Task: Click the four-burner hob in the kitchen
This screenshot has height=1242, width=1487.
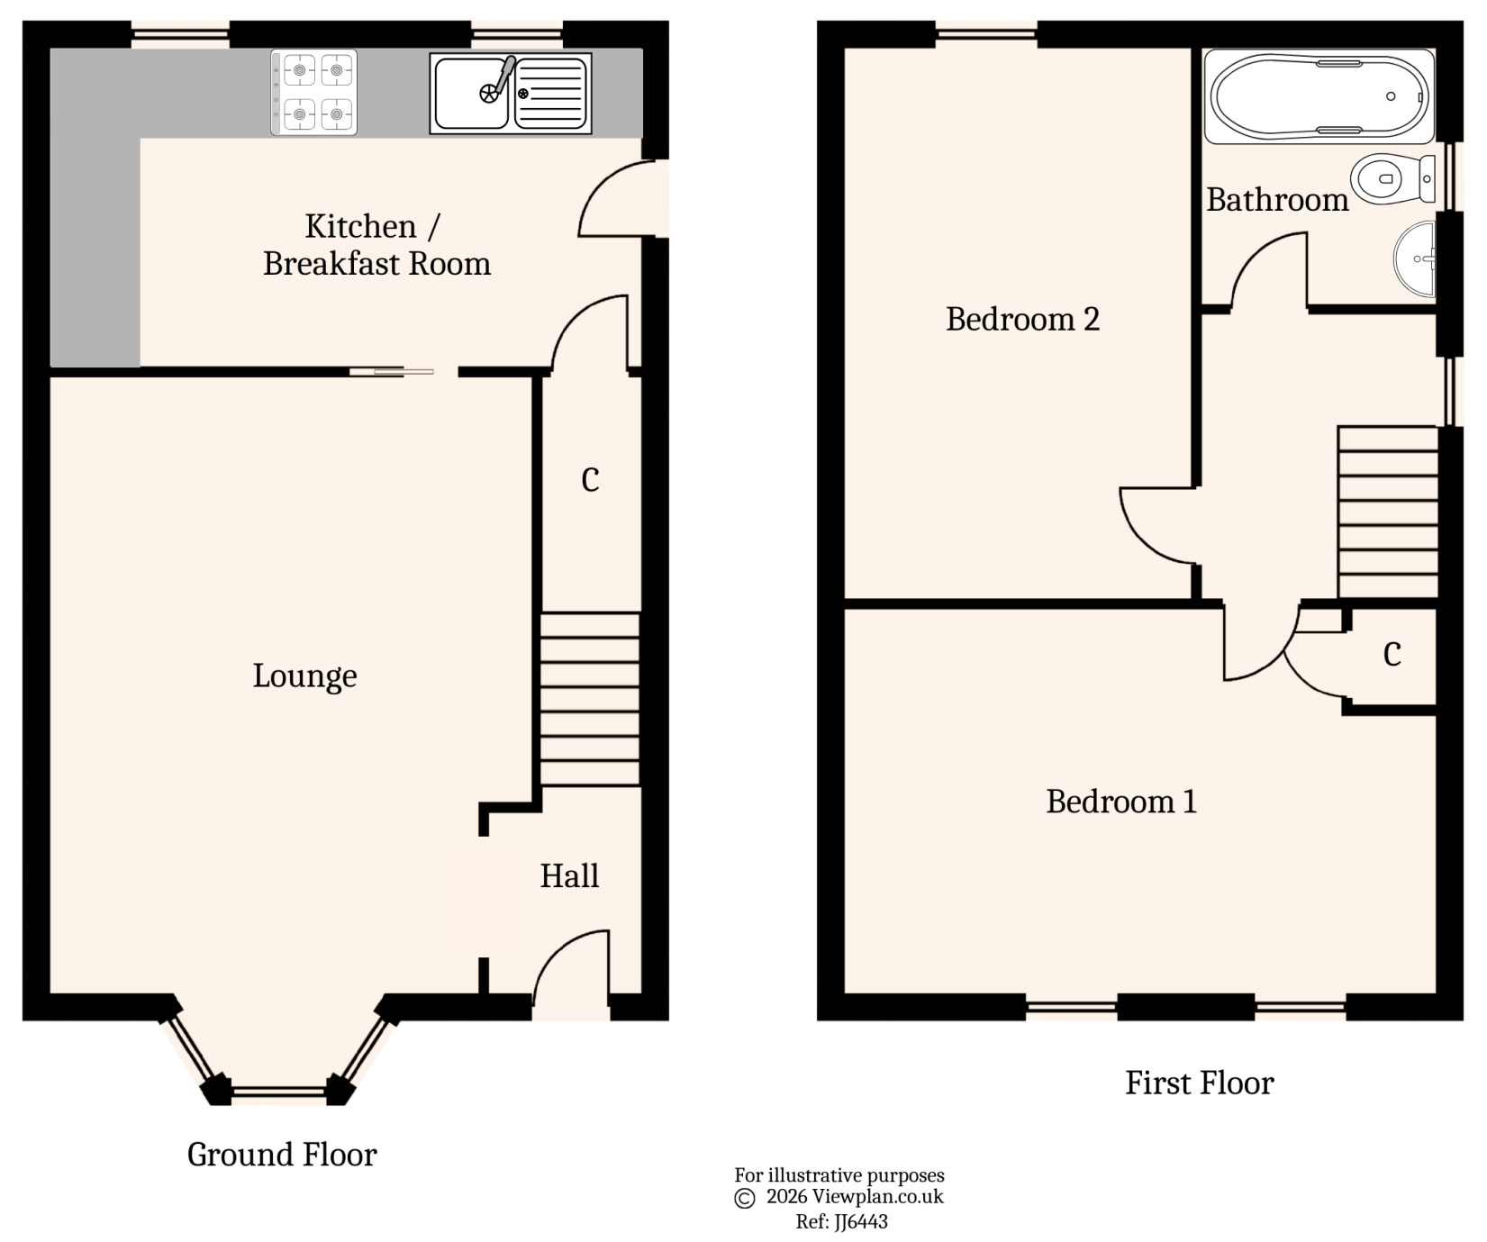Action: [x=313, y=93]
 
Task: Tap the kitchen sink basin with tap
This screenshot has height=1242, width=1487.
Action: [x=471, y=94]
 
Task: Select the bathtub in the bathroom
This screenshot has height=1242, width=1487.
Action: [x=1319, y=96]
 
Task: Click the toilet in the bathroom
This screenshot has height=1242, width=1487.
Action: [x=1392, y=178]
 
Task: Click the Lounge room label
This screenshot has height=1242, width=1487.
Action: [x=304, y=675]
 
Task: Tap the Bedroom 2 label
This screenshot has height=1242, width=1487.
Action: [x=1022, y=319]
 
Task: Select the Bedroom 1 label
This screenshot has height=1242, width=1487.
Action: [x=1120, y=802]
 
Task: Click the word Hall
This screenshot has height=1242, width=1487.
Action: [x=569, y=875]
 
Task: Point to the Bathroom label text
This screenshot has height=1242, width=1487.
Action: [x=1276, y=200]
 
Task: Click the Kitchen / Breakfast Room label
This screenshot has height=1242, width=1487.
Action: [x=376, y=245]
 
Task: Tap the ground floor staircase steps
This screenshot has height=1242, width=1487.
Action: [x=590, y=699]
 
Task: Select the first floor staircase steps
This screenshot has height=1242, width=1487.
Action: [x=1387, y=512]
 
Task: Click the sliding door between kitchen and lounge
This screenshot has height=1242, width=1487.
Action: [x=393, y=371]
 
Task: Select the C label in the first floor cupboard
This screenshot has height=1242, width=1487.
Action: [x=1392, y=655]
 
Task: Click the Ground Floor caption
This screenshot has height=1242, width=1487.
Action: [x=281, y=1155]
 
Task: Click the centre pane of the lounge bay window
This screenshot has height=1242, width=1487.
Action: [x=279, y=1092]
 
